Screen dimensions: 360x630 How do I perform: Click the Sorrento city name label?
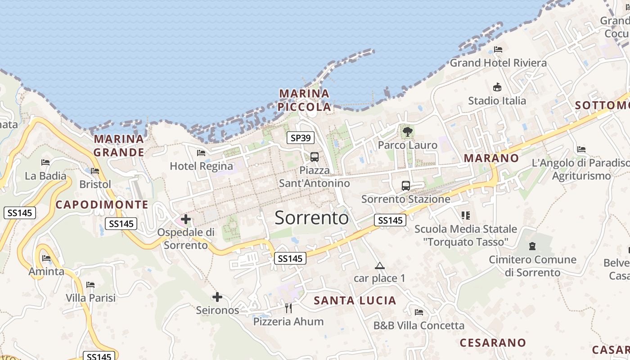[x=311, y=218]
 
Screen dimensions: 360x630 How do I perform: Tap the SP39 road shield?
[x=301, y=138]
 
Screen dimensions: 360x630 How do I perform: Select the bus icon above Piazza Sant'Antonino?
[x=315, y=157]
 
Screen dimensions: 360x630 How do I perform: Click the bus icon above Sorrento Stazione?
[x=405, y=185]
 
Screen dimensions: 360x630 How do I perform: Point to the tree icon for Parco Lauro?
[x=408, y=132]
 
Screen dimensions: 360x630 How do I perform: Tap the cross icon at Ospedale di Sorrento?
[x=185, y=220]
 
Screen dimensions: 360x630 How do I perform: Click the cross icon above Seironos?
[x=217, y=297]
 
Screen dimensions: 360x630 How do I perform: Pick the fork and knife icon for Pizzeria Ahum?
[x=288, y=308]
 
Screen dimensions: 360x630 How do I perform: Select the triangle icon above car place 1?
[x=380, y=265]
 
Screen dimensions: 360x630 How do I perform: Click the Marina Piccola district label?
[x=304, y=100]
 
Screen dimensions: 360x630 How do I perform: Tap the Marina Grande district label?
[x=119, y=145]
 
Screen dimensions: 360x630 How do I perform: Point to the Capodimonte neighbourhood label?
[x=102, y=205]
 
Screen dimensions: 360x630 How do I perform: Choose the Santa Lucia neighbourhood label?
[x=355, y=301]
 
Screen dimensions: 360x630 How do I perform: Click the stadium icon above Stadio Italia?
[x=497, y=87]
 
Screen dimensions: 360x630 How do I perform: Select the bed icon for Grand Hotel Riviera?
[x=498, y=49]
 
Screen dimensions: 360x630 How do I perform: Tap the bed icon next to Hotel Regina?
[x=201, y=153]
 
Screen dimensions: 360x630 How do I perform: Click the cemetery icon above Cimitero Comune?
[x=533, y=246]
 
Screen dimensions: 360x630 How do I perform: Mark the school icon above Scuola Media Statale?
[x=465, y=216]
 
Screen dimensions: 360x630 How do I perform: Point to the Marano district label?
[x=491, y=158]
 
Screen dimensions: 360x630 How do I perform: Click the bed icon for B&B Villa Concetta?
[x=419, y=312]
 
